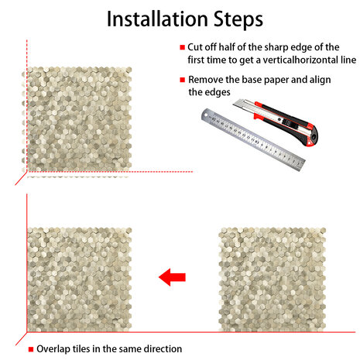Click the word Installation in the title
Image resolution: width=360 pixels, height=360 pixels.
pos(157,19)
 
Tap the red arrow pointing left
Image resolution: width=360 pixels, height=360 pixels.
pos(172,277)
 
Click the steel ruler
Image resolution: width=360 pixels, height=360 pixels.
pos(253,139)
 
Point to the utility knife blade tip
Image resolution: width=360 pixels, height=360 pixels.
pos(234,105)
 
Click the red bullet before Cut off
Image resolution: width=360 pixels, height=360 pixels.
pos(183,47)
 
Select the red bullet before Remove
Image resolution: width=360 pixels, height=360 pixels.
pos(183,80)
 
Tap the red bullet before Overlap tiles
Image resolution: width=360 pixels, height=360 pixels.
pos(31,349)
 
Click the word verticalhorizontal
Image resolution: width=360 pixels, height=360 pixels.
pos(300,60)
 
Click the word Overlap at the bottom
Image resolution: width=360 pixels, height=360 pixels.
pos(53,349)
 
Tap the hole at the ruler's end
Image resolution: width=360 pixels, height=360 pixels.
pos(206,115)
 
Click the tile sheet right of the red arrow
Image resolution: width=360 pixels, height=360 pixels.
pos(273,279)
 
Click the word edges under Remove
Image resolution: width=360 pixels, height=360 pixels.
pos(217,93)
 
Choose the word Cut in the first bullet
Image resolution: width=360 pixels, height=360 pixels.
pos(195,47)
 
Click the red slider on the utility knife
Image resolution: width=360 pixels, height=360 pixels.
pos(258,116)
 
